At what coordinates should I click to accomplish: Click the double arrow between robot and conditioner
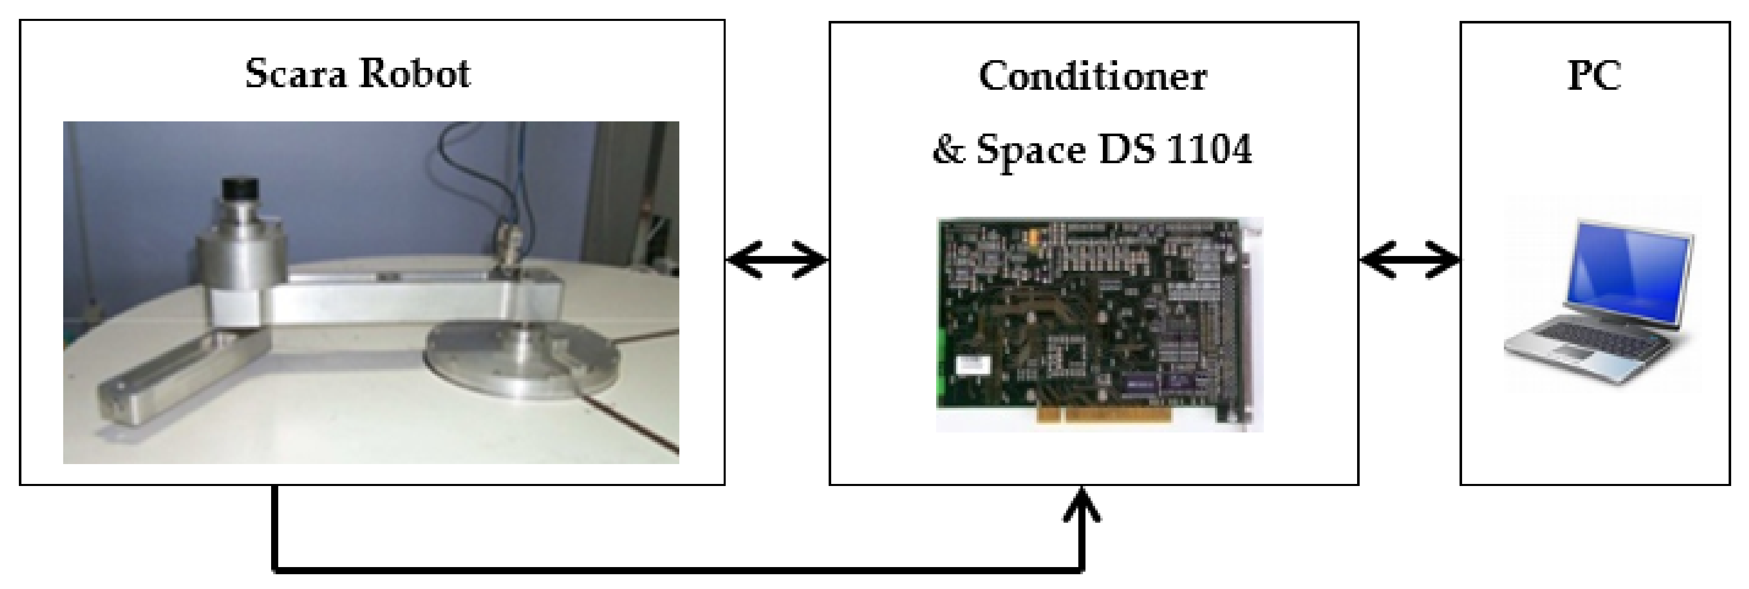pos(777,260)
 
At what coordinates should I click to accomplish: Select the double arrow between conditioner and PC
pos(1410,260)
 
